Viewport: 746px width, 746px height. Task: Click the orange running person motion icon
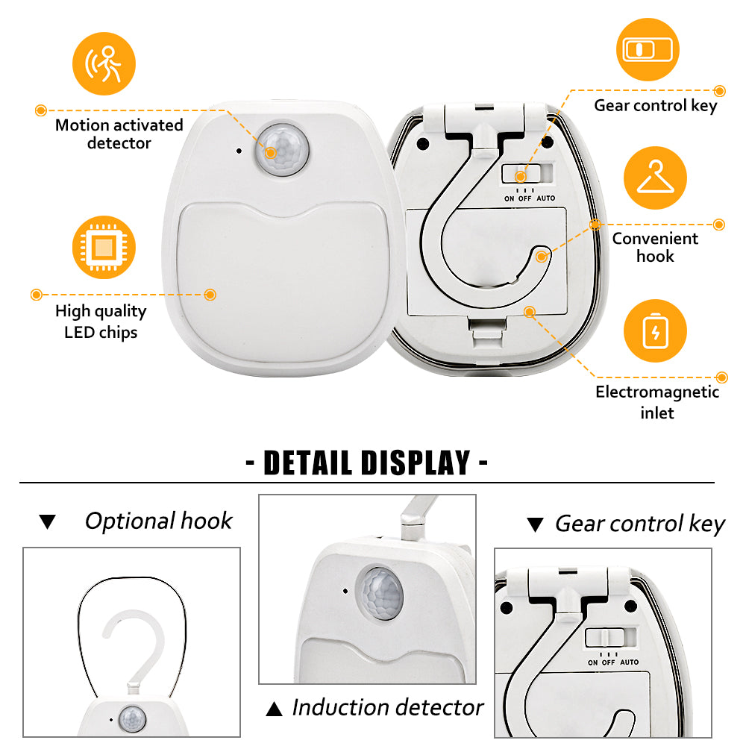104,63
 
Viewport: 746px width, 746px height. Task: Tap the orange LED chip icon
104,248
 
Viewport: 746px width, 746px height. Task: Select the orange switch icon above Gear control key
648,49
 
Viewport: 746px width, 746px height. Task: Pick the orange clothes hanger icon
655,178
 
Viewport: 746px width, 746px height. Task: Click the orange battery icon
655,330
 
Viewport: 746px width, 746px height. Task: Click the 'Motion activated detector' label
119,134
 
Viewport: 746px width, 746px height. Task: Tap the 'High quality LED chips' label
101,322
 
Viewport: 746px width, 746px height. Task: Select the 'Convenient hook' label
655,248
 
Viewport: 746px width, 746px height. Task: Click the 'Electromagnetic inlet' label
657,402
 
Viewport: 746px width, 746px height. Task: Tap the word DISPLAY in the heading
416,463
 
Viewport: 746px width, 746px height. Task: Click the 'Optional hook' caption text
158,521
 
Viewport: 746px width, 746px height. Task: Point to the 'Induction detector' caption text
388,707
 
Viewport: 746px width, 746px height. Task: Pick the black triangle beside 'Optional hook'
48,522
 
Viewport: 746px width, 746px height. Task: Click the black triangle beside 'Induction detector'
274,709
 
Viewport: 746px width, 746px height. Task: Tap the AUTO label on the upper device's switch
546,198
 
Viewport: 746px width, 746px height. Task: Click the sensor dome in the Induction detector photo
379,593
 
